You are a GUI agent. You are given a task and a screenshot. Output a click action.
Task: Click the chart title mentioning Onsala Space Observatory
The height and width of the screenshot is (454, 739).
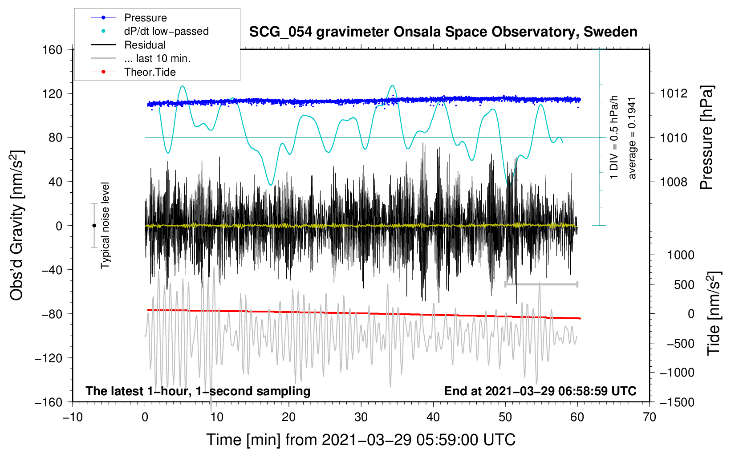443,32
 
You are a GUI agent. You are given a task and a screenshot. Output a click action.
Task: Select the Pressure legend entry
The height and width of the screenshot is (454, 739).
145,18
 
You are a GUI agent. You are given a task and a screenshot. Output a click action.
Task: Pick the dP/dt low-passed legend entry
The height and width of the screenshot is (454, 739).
166,31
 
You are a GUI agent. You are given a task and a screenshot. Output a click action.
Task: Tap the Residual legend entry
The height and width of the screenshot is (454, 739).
145,45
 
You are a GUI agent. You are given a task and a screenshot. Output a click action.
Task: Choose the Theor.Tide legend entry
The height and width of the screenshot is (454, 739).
150,72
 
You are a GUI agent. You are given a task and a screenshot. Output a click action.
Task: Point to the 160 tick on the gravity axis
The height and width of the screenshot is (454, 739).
53,49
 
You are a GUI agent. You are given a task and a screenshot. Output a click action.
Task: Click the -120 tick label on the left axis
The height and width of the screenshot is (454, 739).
49,358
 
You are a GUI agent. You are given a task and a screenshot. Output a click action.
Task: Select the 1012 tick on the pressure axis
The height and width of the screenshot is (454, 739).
674,93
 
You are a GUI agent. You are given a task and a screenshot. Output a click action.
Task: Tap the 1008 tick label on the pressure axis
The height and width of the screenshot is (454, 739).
674,182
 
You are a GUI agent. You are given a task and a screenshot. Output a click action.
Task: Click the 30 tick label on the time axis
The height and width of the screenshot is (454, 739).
361,418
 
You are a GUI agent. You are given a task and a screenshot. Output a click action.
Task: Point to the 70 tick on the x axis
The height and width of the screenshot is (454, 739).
650,418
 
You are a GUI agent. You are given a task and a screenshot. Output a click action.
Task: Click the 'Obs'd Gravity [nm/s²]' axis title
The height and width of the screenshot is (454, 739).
17,225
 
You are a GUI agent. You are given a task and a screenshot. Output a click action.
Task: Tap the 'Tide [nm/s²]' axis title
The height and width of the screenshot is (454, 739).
713,313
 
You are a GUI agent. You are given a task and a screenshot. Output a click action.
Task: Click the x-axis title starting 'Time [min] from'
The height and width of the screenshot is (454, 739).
361,440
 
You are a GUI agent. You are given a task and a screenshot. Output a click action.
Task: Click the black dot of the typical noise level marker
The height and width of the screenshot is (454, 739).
94,226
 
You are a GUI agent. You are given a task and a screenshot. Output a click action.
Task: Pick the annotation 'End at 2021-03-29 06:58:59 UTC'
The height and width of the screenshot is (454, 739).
540,391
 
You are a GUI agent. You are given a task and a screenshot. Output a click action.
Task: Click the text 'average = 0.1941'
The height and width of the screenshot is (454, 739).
632,138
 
